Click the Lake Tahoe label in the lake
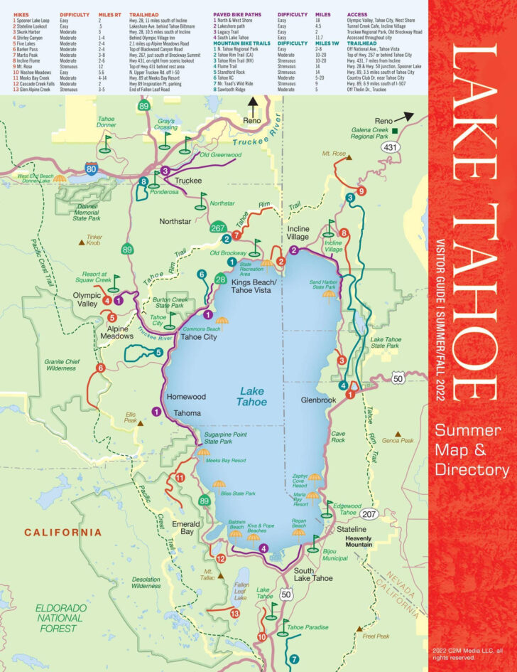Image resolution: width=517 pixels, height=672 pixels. pyautogui.click(x=253, y=396)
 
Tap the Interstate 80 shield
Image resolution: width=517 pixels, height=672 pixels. pyautogui.click(x=90, y=169)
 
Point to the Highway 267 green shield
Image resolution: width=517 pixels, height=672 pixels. pyautogui.click(x=219, y=228)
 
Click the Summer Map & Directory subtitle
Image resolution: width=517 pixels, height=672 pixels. pyautogui.click(x=472, y=449)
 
